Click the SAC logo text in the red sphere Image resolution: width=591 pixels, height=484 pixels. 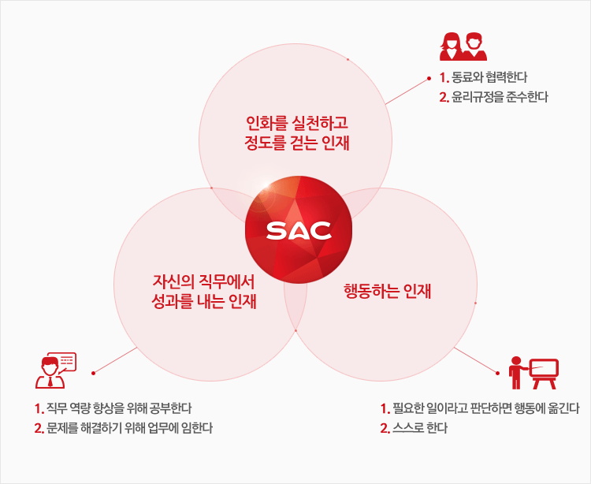coord(299,231)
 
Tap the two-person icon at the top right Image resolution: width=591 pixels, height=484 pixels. coord(463,47)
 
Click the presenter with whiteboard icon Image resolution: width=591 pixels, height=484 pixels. coord(533,373)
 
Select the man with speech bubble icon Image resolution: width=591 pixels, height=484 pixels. coord(56,370)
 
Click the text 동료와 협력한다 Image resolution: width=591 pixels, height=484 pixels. coord(489,78)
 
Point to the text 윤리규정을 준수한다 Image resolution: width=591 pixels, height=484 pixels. coord(500,97)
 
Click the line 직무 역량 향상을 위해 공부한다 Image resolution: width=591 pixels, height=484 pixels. coord(119,408)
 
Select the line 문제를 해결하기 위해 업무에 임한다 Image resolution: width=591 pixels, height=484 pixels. coord(129,428)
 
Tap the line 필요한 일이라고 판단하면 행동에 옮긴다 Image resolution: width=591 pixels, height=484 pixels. coord(485,408)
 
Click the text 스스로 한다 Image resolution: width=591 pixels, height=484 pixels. coord(419,428)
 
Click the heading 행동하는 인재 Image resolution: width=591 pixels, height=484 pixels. coord(387,291)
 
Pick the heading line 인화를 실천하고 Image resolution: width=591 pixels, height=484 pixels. coord(296,123)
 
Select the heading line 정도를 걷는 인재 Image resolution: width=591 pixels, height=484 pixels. coord(296,143)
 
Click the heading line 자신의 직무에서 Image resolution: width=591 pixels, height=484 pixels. coord(203,281)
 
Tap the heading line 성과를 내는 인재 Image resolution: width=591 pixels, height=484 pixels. coord(203,301)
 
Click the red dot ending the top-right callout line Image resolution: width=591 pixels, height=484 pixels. coord(429,79)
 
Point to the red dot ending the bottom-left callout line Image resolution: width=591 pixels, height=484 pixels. coord(93,373)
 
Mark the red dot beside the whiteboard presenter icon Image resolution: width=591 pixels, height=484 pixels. coord(497,373)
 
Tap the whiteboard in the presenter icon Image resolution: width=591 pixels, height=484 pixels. coord(544,369)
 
